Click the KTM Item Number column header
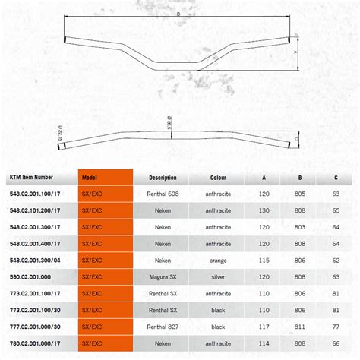31,178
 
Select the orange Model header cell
90,178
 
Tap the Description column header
163,178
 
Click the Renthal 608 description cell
163,194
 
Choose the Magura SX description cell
163,277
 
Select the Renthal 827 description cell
163,327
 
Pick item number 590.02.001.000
30,277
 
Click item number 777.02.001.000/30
35,327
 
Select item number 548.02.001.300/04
35,261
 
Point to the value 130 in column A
264,211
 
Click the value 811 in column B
301,327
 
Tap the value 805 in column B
301,194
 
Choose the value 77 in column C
336,327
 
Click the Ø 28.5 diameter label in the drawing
169,122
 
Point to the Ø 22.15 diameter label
60,132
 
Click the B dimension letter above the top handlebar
178,14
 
